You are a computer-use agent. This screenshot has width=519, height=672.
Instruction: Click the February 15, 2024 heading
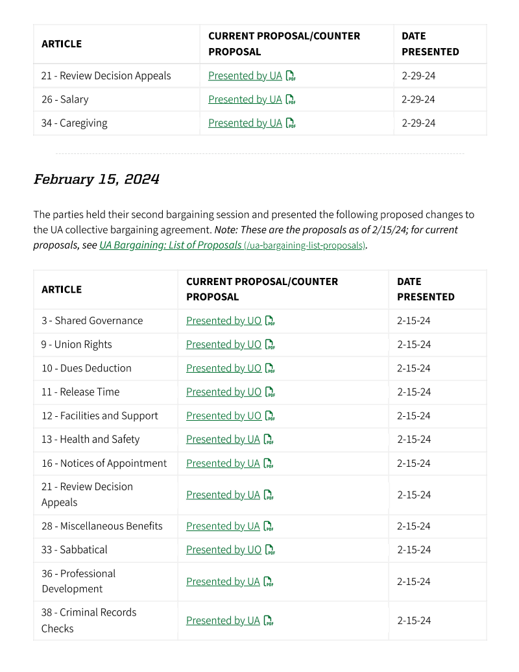pos(96,179)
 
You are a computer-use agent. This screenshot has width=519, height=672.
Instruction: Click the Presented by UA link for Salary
pos(245,99)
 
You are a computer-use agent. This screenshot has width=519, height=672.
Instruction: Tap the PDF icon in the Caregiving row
pos(291,123)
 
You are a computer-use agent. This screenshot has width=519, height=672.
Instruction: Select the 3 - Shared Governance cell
pos(92,321)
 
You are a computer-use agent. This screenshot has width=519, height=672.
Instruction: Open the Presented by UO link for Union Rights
pos(223,345)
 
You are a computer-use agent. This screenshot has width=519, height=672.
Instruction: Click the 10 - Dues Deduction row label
pos(86,368)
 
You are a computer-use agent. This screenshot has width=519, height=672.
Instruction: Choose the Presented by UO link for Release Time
pos(223,392)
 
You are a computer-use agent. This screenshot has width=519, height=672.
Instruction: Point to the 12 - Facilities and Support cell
pos(100,416)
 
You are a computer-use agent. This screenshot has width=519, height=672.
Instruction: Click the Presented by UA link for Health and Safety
pos(223,440)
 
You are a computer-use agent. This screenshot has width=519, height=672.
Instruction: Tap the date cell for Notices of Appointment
pos(414,464)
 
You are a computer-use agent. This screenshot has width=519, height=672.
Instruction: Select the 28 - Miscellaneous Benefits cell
pos(102,526)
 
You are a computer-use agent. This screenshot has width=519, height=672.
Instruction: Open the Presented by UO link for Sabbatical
pos(223,550)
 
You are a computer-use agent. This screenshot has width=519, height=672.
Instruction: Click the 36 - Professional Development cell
pos(78,581)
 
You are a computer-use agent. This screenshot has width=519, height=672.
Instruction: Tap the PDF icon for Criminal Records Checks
pos(269,621)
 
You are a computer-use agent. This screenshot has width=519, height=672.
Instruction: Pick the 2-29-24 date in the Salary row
pos(418,99)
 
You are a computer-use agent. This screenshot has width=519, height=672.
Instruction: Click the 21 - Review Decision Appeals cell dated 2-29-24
pos(106,76)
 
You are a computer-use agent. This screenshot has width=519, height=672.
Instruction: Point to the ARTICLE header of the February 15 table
pos(62,290)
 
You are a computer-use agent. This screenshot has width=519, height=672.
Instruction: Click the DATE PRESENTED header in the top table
pos(430,44)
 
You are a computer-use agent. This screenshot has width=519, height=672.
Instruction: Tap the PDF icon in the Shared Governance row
pos(271,321)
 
